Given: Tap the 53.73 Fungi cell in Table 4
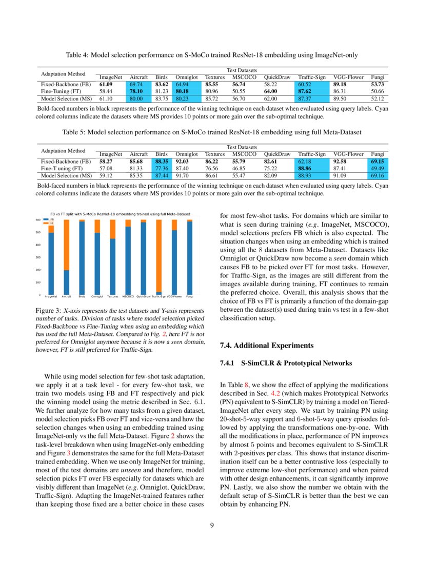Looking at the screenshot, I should (378, 84).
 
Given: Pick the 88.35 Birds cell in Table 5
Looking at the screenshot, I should (162, 161).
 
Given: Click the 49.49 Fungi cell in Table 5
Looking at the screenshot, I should (378, 168).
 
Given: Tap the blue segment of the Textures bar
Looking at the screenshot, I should (112, 267).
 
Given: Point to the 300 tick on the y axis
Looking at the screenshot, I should (37, 257).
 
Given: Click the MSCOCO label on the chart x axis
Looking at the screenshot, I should (128, 297).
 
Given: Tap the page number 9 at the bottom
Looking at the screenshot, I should (218, 525).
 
